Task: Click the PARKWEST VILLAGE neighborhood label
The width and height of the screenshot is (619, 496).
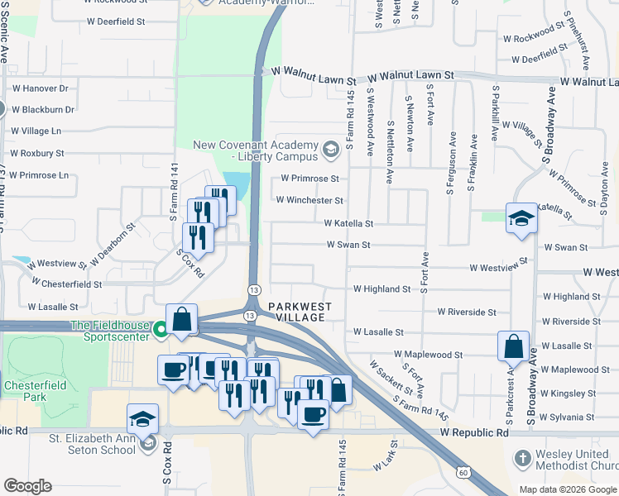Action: point(299,312)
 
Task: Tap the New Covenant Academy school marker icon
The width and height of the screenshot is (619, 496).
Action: point(331,149)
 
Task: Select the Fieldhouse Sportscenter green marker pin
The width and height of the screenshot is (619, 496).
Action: point(161,335)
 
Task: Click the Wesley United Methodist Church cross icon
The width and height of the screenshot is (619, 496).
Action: point(522,457)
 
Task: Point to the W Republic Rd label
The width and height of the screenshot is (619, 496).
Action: point(474,432)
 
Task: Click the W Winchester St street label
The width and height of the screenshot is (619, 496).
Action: point(309,200)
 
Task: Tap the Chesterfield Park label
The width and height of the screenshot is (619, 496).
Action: point(32,391)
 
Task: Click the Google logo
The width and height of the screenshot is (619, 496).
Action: point(27,486)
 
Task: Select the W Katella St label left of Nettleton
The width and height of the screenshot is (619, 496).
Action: point(348,223)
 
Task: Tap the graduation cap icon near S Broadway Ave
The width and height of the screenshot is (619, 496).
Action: point(521,218)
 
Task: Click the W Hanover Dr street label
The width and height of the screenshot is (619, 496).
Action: point(40,88)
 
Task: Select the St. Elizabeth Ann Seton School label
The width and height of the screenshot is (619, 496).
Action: point(92,444)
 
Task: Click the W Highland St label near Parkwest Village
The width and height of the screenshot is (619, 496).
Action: point(381,289)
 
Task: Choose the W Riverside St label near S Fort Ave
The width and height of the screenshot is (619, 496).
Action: point(468,312)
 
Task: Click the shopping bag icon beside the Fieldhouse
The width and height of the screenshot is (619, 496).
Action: point(182,319)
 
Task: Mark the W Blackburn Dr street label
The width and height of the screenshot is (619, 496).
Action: point(43,109)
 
